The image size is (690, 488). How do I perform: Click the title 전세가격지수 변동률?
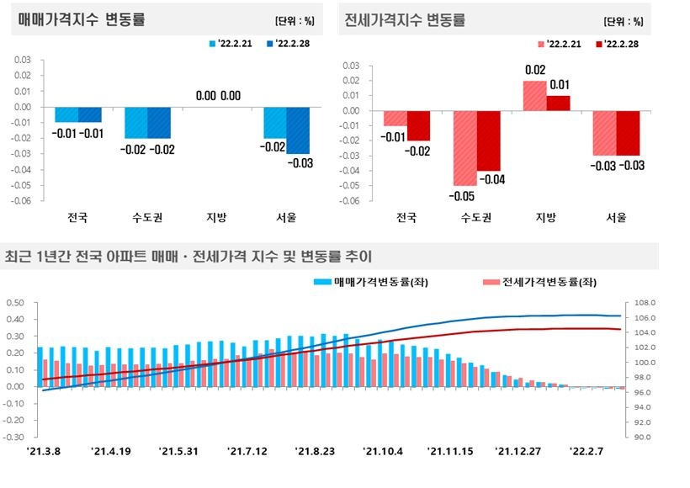(405, 19)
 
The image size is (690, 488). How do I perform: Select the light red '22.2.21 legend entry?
(559, 43)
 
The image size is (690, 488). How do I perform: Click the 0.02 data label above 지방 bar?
(534, 70)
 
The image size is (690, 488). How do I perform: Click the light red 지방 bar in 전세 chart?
(534, 96)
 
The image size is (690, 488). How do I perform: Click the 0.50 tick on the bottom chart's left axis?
(15, 303)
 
